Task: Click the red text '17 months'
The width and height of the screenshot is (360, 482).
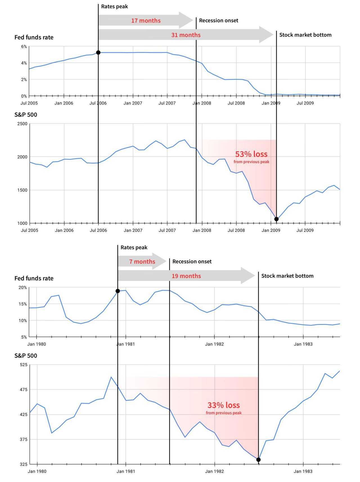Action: pos(146,21)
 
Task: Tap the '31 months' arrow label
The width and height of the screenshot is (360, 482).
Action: pos(186,35)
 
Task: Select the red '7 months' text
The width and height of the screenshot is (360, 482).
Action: pos(142,262)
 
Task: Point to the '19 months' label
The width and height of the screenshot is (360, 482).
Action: pos(186,276)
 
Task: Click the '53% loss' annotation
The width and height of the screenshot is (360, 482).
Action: pos(251,154)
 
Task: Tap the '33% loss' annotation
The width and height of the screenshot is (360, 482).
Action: pos(224,405)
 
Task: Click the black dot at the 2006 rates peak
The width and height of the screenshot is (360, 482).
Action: pos(98,53)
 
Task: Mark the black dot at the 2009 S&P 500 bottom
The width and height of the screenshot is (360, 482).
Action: pos(276,219)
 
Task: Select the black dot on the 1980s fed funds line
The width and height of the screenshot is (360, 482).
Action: pos(118,291)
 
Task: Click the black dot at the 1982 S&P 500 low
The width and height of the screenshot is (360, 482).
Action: pos(258,460)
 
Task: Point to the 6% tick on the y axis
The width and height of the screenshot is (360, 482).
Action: pos(24,46)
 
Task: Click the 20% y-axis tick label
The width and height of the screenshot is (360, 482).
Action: pos(23,288)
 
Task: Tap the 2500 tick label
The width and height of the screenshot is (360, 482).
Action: pos(22,124)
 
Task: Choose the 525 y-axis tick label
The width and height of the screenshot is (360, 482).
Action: pos(24,365)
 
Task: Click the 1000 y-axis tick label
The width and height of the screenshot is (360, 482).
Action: pos(22,223)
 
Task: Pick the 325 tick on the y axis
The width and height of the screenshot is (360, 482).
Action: pos(24,464)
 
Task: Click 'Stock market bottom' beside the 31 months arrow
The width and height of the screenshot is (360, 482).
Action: pos(305,35)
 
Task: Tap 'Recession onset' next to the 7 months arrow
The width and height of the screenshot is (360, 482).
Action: pos(192,261)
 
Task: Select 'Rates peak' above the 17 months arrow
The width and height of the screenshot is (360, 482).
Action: pos(114,6)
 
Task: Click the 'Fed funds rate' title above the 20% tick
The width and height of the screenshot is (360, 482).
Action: pos(34,278)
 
